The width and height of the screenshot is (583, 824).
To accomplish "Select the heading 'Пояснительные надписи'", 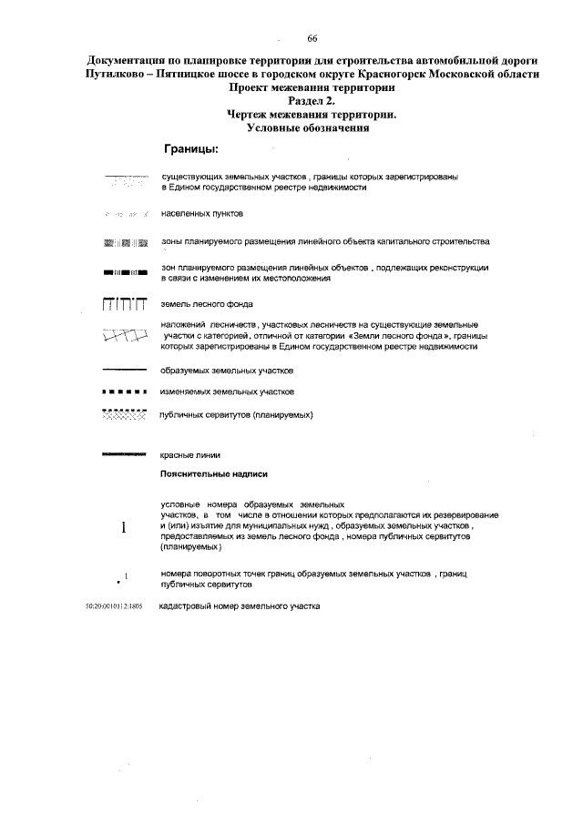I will (213, 474).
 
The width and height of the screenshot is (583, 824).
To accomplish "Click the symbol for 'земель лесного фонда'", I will (124, 303).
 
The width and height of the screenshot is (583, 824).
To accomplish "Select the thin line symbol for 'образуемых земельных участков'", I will (124, 371).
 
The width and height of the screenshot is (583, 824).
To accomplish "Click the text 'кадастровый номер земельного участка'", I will (240, 605).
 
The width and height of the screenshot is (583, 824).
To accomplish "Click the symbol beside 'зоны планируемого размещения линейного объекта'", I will (124, 242).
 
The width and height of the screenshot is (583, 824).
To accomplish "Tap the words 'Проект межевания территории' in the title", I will (312, 88).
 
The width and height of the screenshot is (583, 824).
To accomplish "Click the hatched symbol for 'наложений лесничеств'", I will (124, 336).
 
